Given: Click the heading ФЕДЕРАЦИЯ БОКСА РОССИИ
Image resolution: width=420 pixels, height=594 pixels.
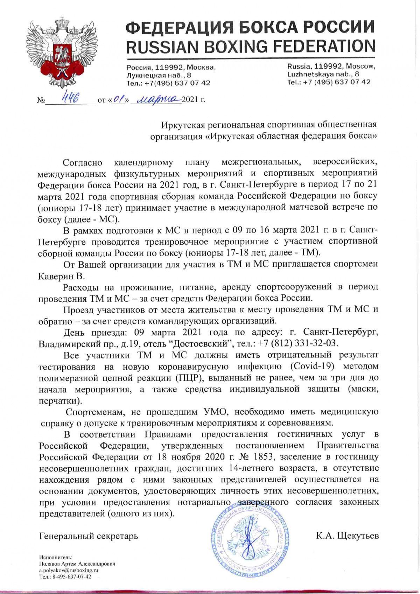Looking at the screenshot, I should [x=250, y=27].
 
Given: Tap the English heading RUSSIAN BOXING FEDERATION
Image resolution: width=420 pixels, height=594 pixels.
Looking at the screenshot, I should [x=250, y=46].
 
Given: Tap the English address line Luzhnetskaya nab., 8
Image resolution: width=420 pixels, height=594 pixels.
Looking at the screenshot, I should [x=323, y=74].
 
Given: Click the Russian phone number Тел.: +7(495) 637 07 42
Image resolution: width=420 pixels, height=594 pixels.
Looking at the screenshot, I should [x=168, y=83].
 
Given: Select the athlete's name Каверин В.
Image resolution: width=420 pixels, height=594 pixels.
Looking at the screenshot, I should [x=62, y=276].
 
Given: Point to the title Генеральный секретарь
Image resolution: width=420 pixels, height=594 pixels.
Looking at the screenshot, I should [x=89, y=536].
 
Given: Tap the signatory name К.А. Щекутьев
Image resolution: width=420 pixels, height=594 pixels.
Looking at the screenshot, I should [x=347, y=536].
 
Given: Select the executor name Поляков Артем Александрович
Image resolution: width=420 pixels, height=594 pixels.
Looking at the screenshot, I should [x=77, y=564].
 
